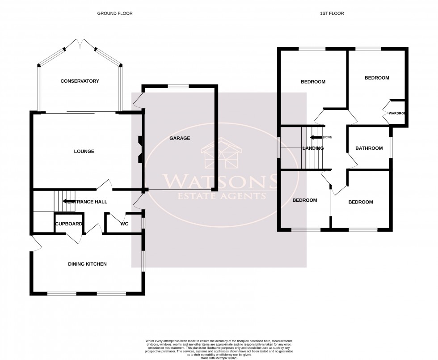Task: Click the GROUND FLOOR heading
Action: tap(115, 13)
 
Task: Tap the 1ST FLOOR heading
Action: tap(332, 13)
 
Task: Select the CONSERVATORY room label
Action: tap(80, 81)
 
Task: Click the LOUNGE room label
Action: tap(84, 152)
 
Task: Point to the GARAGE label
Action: tap(180, 138)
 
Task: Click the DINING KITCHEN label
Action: tap(87, 264)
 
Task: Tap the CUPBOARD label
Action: tap(68, 224)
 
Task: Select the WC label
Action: tap(124, 224)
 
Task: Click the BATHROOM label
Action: tap(369, 148)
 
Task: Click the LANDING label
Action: tap(313, 148)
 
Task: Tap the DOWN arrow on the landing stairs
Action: tap(316, 137)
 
